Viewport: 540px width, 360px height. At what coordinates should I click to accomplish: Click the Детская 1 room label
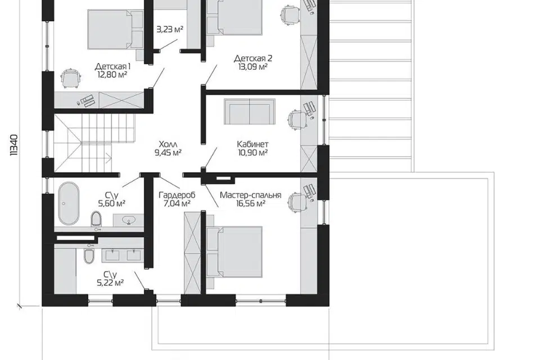pyautogui.click(x=112, y=66)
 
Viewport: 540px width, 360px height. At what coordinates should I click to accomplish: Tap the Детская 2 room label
pyautogui.click(x=253, y=58)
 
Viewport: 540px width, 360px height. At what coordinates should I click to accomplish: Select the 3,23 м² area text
pyautogui.click(x=170, y=29)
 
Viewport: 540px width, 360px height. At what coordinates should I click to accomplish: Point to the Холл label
pyautogui.click(x=168, y=143)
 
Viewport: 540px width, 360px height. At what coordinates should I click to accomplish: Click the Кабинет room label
pyautogui.click(x=253, y=143)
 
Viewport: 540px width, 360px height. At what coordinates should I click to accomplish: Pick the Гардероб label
pyautogui.click(x=177, y=195)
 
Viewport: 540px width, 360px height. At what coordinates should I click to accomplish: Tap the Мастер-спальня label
pyautogui.click(x=251, y=195)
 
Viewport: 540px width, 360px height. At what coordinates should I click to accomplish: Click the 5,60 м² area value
pyautogui.click(x=111, y=204)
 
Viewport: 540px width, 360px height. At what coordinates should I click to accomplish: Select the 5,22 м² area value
pyautogui.click(x=110, y=283)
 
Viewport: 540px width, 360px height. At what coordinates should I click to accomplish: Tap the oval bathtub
pyautogui.click(x=68, y=204)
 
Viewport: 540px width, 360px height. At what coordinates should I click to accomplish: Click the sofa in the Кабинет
pyautogui.click(x=250, y=111)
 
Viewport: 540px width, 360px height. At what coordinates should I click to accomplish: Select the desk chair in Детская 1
pyautogui.click(x=71, y=79)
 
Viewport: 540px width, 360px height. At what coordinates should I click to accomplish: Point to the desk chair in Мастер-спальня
pyautogui.click(x=297, y=203)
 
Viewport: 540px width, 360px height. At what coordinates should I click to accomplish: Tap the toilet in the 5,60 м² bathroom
pyautogui.click(x=96, y=219)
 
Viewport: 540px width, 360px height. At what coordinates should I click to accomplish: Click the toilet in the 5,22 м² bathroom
pyautogui.click(x=89, y=255)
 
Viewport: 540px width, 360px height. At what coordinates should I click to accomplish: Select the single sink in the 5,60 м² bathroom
pyautogui.click(x=128, y=219)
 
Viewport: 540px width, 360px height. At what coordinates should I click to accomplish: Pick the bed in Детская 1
pyautogui.click(x=115, y=30)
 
